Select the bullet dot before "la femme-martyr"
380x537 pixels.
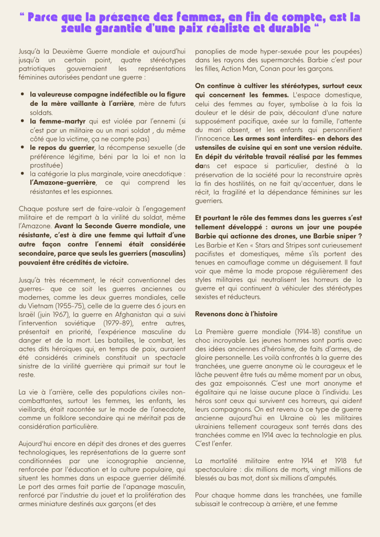[x=24, y=120]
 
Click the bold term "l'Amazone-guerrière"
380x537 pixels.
[x=63, y=182]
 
